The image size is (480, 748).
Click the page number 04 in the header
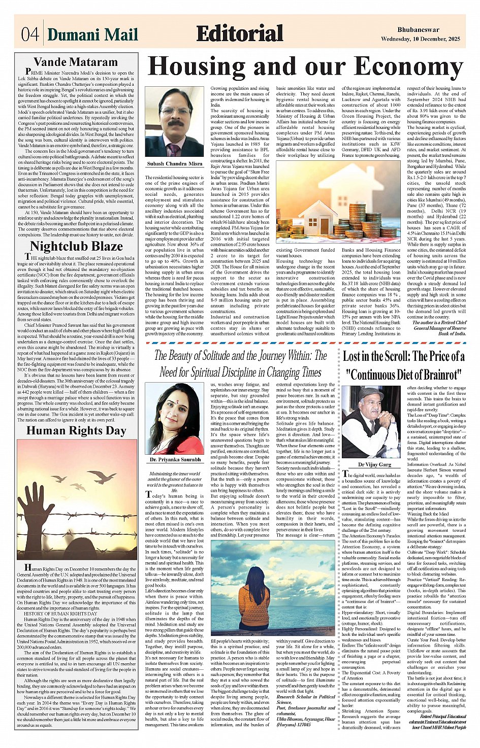30,35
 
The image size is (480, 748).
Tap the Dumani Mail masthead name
92,35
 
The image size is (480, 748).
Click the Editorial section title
239,34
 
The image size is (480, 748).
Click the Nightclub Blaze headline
76,247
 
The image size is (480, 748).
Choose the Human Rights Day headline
76,431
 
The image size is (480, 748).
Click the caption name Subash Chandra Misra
174,164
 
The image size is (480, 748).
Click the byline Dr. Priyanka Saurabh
174,460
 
